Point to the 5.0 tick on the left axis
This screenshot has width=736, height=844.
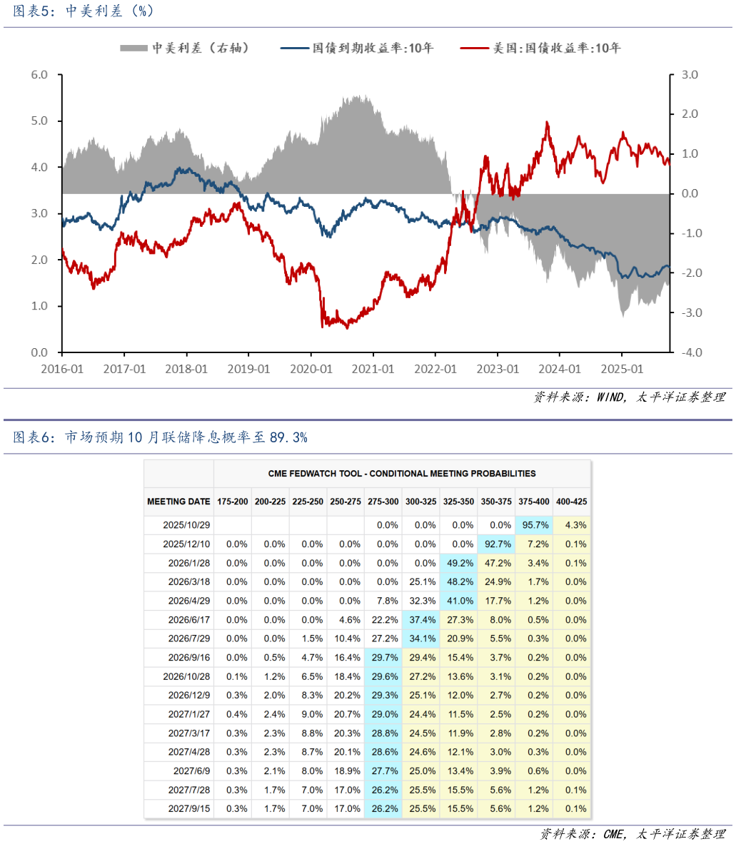tap(39, 121)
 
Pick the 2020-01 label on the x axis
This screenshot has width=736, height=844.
tap(311, 369)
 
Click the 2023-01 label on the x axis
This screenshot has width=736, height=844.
tap(498, 369)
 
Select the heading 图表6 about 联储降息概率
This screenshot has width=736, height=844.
tap(160, 437)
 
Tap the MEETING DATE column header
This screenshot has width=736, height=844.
tap(178, 502)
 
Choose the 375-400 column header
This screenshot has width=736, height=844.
tap(534, 502)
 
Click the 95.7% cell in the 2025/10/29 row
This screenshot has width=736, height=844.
tap(534, 525)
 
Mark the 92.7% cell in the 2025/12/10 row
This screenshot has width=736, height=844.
tap(496, 544)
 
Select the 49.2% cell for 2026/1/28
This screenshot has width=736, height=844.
tap(458, 563)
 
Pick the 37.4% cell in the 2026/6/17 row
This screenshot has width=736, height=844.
tap(421, 620)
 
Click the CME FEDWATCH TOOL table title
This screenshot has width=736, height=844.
tap(402, 473)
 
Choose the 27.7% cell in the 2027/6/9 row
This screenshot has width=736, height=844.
tap(384, 771)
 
